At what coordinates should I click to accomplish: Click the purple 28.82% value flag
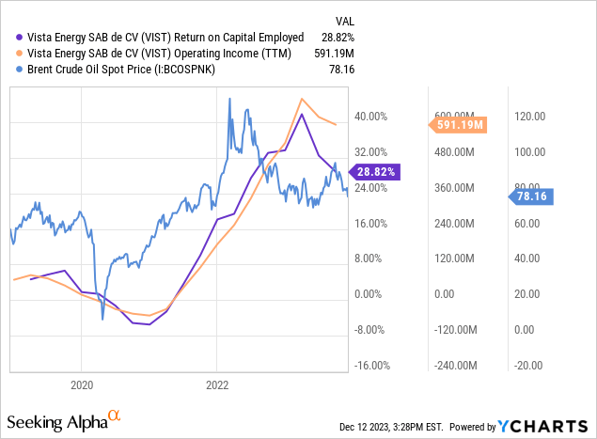[x=376, y=172]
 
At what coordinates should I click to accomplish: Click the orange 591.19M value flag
[x=458, y=124]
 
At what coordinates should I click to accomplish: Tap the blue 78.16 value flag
[x=533, y=196]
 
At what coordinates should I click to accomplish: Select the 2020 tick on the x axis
[x=81, y=384]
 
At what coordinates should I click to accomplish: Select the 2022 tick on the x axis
[x=217, y=384]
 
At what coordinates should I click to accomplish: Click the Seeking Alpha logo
[x=65, y=416]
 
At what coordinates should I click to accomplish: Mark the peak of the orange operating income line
[x=302, y=99]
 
